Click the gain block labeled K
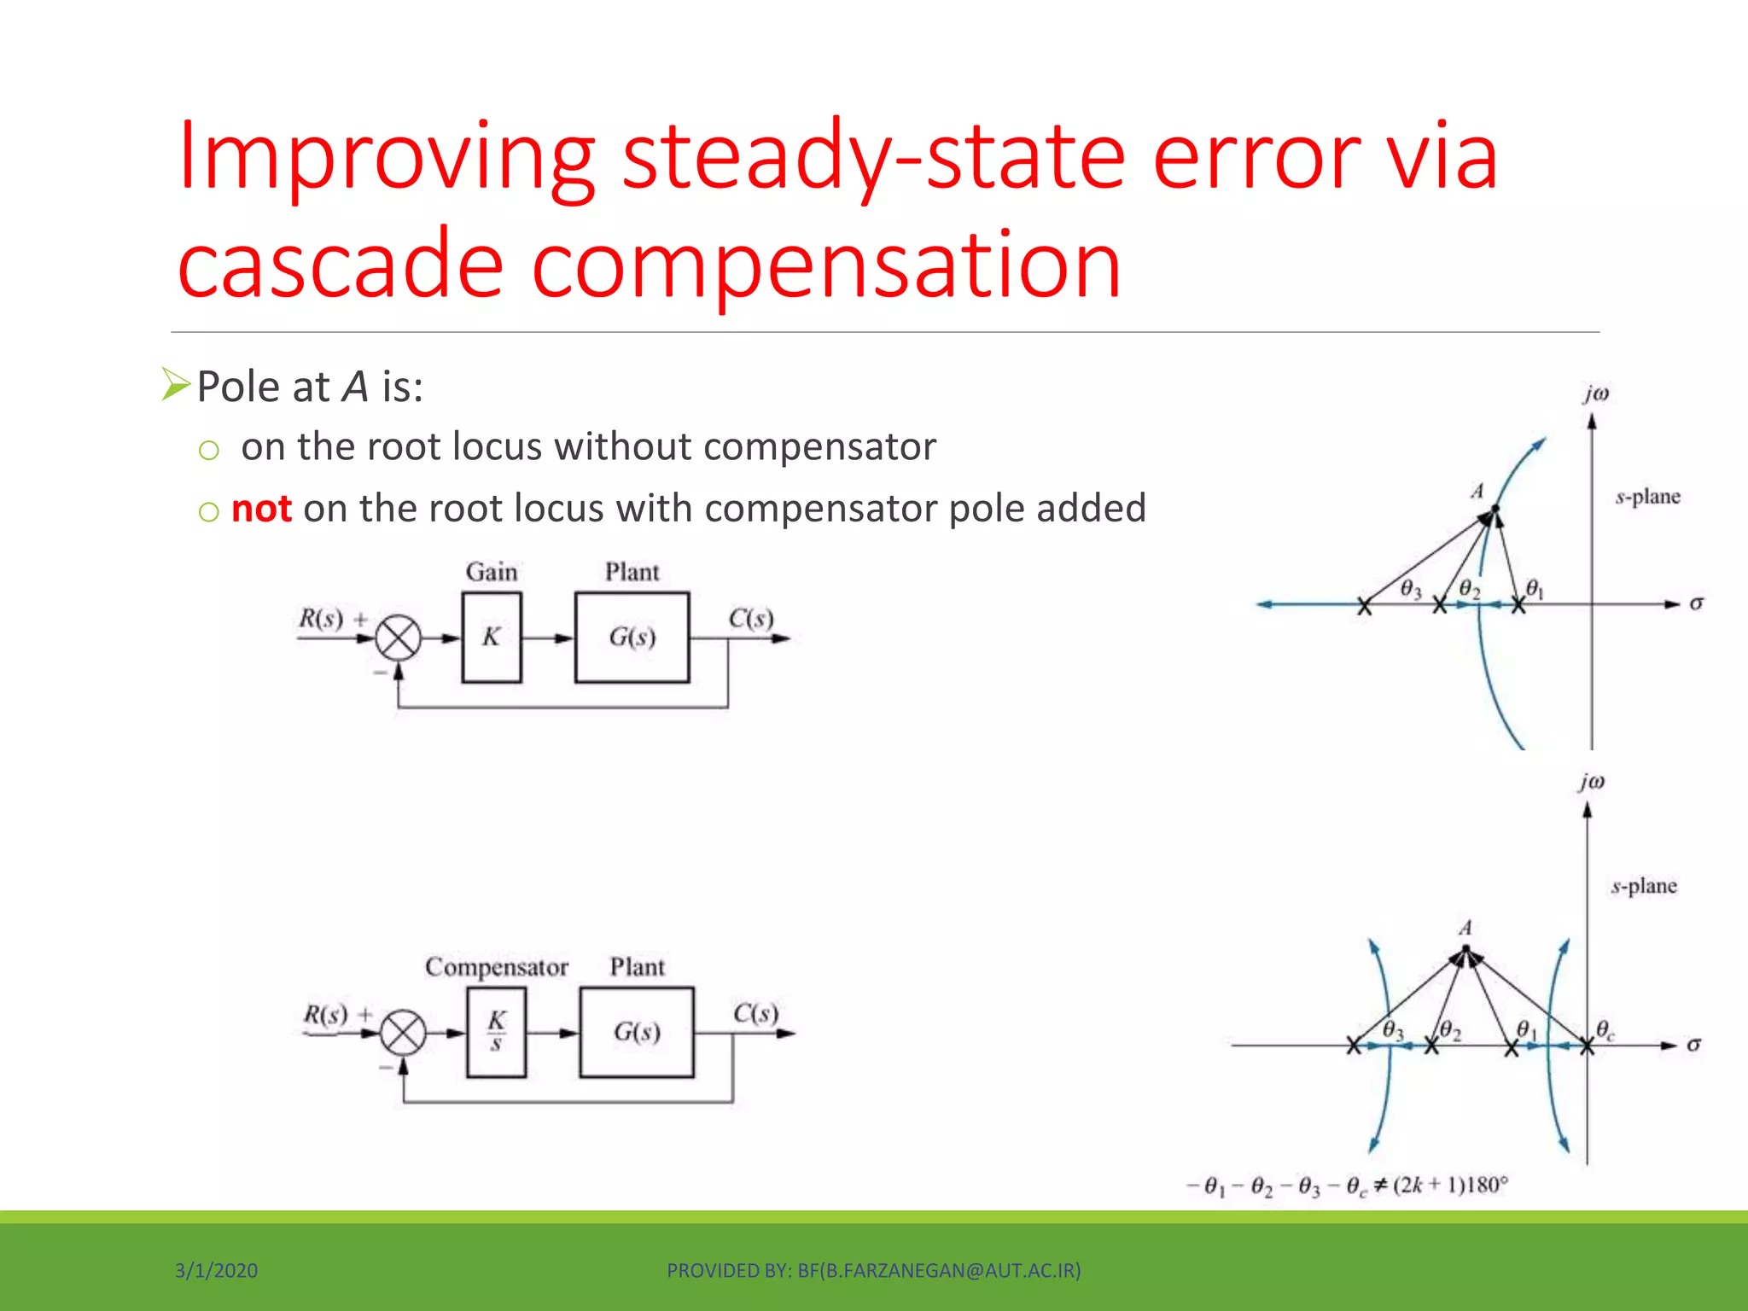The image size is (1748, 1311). point(492,637)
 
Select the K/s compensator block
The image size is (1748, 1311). point(496,1032)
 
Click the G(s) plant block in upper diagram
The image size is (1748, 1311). point(632,637)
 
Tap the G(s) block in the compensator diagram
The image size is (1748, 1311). point(637,1032)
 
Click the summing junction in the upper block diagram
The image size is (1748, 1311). point(398,638)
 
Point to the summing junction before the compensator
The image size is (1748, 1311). point(403,1033)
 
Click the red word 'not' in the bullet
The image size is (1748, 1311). point(261,509)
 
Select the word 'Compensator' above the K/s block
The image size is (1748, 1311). point(497,967)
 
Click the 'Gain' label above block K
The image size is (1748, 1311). point(492,572)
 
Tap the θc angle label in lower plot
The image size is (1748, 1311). point(1605,1029)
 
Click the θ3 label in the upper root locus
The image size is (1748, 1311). point(1411,590)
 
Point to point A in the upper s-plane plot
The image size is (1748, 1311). point(1494,510)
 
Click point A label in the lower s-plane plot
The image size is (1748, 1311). point(1465,928)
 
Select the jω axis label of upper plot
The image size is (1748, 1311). point(1595,393)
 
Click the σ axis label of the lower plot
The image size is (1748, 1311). point(1693,1045)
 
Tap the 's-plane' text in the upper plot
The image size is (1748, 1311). point(1647,497)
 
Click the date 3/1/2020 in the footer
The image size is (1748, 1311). point(216,1271)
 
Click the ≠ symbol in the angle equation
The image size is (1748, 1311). point(1380,1186)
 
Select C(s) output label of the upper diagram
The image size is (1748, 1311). point(750,618)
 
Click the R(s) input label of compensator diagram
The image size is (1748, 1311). point(326,1015)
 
